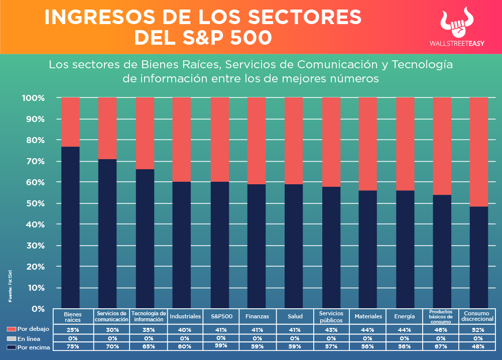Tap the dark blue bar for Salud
(x=294, y=246)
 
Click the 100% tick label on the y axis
(x=33, y=98)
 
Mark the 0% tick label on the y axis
(x=38, y=309)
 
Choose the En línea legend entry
(x=28, y=339)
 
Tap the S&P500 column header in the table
(x=221, y=316)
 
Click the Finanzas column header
(x=257, y=316)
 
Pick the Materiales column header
(x=368, y=316)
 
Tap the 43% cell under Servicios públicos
(x=331, y=330)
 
